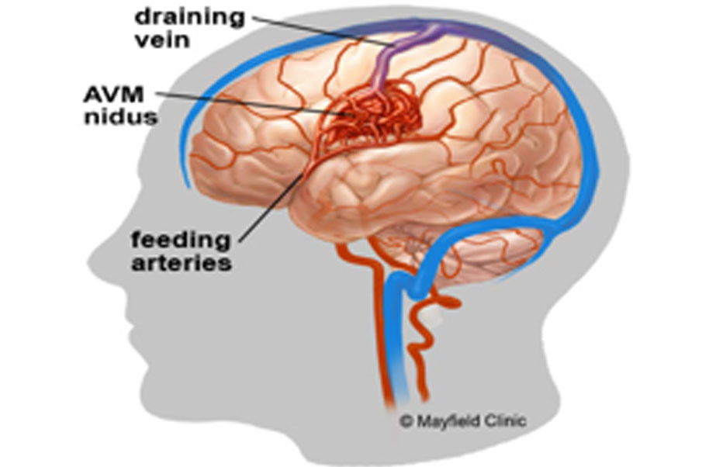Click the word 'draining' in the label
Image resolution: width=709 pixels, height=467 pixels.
coord(190,18)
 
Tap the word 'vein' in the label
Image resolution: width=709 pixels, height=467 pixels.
coord(162,40)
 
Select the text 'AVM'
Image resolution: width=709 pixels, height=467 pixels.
coord(114,95)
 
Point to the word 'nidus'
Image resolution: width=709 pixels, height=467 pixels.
coord(121,117)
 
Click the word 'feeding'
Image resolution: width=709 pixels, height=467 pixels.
coord(181,240)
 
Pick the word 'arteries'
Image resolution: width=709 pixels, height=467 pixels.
coord(182,263)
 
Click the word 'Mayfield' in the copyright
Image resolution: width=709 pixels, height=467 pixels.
coord(449,421)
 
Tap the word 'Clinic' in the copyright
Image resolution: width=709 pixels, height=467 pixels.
coord(506,421)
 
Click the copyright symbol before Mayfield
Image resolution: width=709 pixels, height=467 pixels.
coord(406,421)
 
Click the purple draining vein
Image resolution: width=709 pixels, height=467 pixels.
coord(398,54)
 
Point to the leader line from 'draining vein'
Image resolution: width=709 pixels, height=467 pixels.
coord(323,30)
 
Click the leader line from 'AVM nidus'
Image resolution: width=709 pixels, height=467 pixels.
coord(254,104)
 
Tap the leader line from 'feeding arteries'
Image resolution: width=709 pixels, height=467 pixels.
coord(271,207)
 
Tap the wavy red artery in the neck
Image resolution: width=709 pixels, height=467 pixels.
coord(424,344)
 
